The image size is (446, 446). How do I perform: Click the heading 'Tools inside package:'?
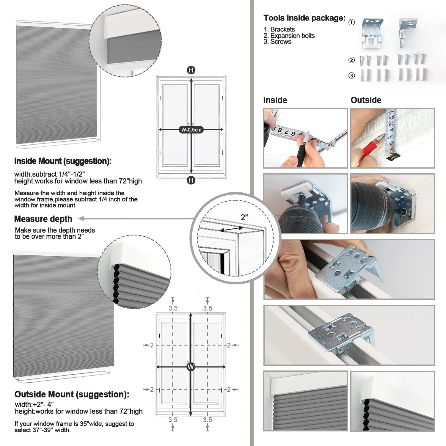[304, 18]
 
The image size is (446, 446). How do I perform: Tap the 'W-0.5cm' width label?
[191, 130]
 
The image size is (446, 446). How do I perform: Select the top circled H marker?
[191, 70]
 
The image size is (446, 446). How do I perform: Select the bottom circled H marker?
[191, 180]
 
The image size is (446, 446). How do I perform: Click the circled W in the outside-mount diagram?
[191, 367]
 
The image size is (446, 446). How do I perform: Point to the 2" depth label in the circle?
[244, 217]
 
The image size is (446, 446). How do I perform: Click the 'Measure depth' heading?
[43, 219]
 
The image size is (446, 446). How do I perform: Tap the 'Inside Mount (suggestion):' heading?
[63, 161]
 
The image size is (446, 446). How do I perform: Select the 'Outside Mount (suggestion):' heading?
[72, 394]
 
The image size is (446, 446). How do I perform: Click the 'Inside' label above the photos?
[275, 100]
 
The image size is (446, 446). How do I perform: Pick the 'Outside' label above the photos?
[366, 100]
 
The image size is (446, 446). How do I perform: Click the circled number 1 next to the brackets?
[351, 22]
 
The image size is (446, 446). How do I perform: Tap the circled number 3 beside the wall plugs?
[351, 76]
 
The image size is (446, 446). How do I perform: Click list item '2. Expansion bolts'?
[289, 36]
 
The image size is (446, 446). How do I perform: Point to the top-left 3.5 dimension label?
[173, 308]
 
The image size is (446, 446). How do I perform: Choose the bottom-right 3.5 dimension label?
[208, 420]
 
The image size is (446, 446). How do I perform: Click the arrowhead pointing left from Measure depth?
[81, 219]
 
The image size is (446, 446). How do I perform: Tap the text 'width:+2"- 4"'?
[34, 404]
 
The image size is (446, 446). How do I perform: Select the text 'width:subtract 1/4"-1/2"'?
[50, 174]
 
